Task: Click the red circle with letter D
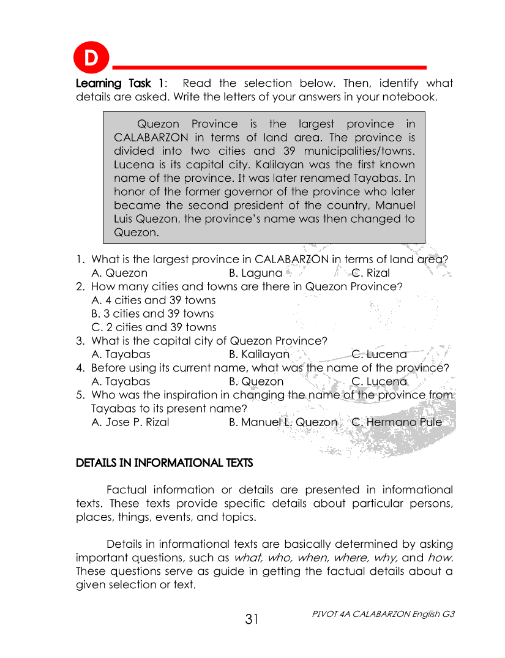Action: [91, 59]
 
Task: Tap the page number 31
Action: [252, 619]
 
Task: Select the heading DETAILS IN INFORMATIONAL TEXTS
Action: [164, 463]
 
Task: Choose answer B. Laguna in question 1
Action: [255, 273]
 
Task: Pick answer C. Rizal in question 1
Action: [370, 273]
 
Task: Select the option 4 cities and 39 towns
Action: [153, 300]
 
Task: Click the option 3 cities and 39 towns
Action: [152, 313]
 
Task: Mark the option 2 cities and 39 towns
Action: [154, 327]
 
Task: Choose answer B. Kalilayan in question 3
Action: [259, 354]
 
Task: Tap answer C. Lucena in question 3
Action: [379, 354]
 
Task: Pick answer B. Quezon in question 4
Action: [256, 381]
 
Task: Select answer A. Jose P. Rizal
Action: [130, 422]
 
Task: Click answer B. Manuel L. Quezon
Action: [283, 422]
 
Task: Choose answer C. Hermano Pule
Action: [396, 422]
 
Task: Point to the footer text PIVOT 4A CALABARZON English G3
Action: [383, 613]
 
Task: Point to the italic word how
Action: [440, 558]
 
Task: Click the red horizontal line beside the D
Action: [269, 67]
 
